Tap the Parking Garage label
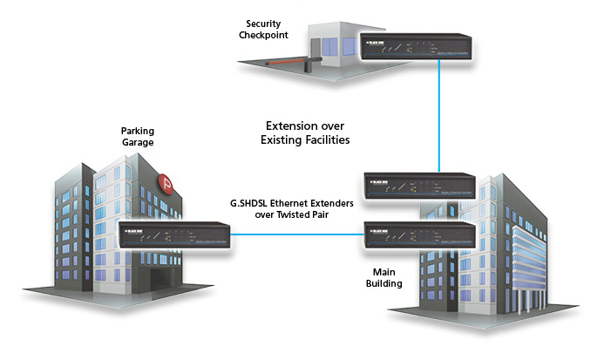point(137,139)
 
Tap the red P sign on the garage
point(166,183)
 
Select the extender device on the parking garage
point(174,235)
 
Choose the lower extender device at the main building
point(418,237)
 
